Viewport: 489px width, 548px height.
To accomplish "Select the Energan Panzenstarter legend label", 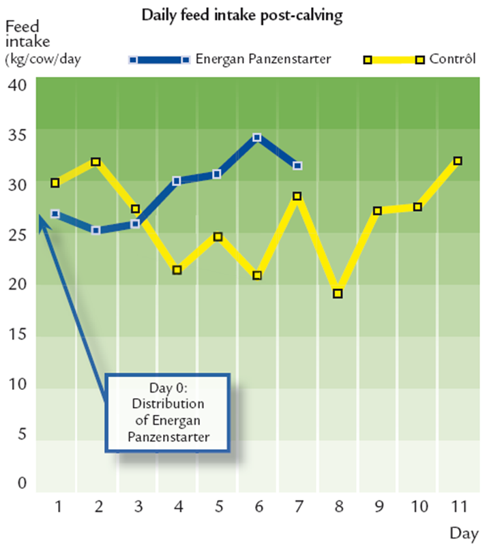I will pos(263,59).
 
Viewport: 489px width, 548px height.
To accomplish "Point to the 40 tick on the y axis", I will pos(17,86).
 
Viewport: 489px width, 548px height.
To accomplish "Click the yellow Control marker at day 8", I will pos(338,294).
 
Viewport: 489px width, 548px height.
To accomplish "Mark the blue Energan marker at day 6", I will pos(257,138).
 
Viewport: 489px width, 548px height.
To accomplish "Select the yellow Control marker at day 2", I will pos(96,162).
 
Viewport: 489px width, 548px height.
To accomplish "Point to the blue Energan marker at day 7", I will pos(297,166).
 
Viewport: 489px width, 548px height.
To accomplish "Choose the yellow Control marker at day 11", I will pos(458,161).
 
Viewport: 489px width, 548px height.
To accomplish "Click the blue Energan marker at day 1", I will pos(55,213).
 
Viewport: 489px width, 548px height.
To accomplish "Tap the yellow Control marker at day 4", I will pos(177,270).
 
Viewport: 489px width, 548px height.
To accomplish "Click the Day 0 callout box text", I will pos(166,412).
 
